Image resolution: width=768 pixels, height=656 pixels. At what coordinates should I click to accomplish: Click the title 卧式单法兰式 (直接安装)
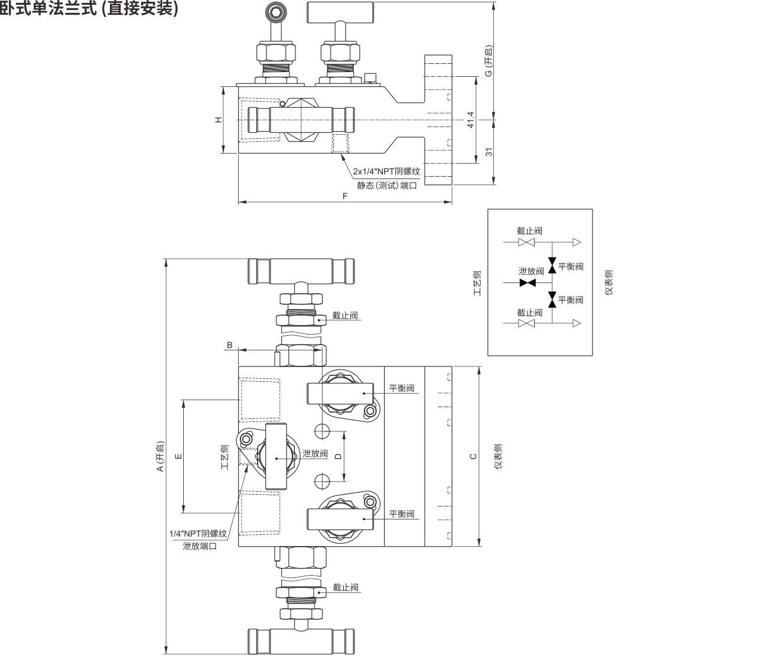tap(89, 8)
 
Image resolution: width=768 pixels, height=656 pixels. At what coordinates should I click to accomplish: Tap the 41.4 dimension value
tap(470, 120)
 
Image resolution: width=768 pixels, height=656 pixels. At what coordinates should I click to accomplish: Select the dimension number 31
tap(489, 152)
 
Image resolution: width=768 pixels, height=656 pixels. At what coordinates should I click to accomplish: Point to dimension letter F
tap(345, 196)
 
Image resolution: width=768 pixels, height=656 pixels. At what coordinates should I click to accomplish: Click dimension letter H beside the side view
tap(219, 120)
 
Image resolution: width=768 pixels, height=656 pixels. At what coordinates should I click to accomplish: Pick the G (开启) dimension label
tap(489, 61)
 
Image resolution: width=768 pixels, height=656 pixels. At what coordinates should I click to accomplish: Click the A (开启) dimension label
tap(160, 456)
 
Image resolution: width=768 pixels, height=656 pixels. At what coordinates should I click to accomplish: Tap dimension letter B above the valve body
tap(230, 345)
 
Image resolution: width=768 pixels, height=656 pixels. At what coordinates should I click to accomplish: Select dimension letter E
tap(178, 456)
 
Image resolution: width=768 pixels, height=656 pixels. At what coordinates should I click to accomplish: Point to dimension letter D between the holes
tap(338, 456)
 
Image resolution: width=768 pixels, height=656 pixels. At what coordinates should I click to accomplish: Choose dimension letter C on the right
tap(473, 456)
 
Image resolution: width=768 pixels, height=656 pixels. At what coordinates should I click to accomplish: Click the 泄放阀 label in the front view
tap(315, 453)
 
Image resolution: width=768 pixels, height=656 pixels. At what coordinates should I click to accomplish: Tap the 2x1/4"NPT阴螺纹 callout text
tap(386, 171)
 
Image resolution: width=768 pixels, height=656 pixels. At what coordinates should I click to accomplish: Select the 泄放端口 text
tap(200, 546)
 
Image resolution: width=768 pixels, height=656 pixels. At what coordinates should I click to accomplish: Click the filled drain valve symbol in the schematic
tap(528, 283)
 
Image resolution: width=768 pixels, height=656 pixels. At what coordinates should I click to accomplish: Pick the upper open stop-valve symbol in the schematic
tap(526, 242)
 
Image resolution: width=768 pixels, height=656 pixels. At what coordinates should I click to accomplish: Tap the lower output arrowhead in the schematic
tap(577, 323)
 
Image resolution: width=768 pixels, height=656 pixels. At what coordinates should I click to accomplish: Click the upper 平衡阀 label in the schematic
tap(571, 267)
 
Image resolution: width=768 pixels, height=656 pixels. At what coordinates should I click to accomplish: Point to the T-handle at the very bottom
tap(301, 642)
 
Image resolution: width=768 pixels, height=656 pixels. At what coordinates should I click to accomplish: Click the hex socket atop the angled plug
tap(275, 12)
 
